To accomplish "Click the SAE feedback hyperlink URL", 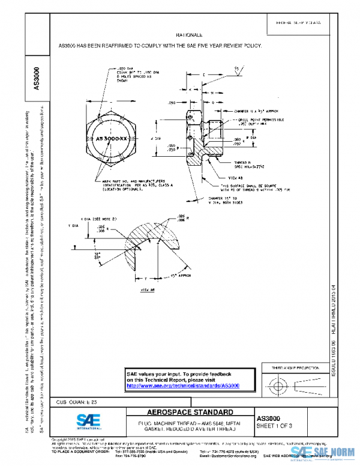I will [x=183, y=386].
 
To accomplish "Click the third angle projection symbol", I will [x=288, y=384].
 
